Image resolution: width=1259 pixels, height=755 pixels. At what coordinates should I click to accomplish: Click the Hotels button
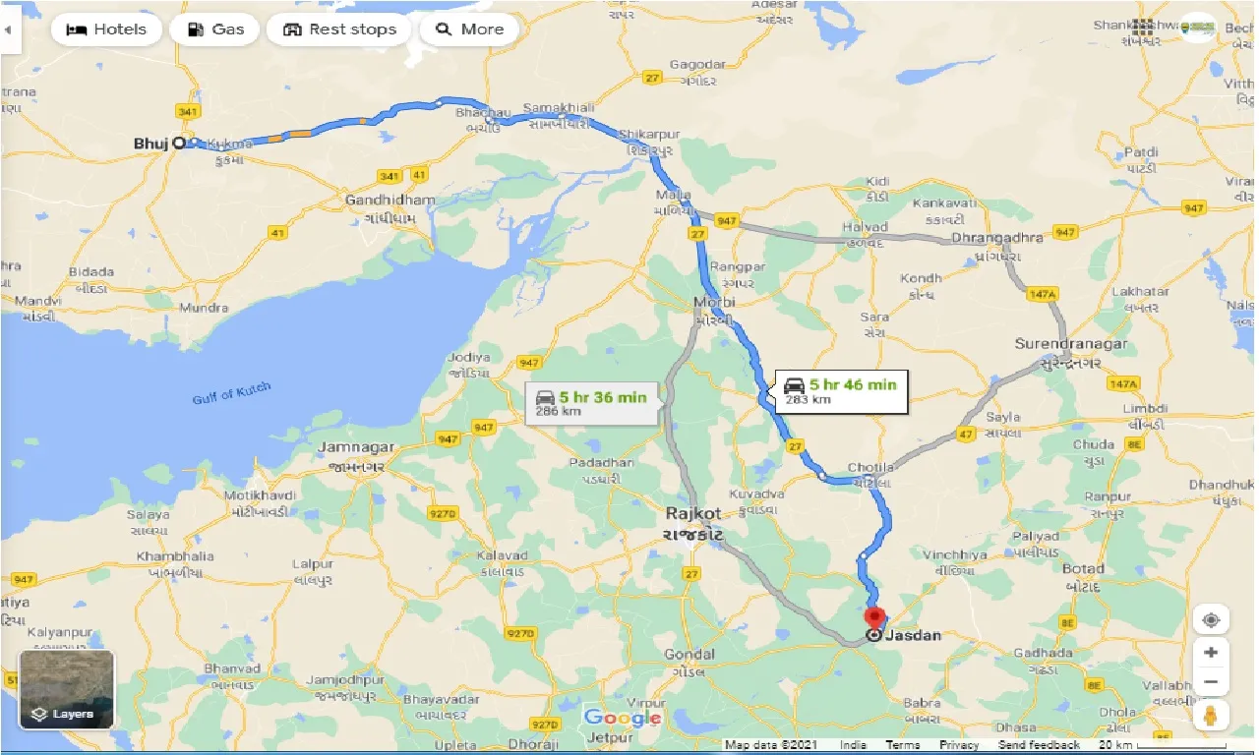click(105, 29)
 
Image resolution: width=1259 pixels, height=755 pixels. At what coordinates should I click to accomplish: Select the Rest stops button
click(339, 29)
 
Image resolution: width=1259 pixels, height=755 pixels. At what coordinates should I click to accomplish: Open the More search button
click(469, 29)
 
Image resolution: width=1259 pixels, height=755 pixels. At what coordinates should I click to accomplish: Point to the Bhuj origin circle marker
click(179, 143)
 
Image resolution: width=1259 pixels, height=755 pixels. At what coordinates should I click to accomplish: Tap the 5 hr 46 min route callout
click(842, 390)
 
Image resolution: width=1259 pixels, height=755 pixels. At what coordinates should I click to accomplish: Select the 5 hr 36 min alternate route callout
click(592, 403)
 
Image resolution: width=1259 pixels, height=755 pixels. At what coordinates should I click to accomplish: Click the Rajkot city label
click(692, 513)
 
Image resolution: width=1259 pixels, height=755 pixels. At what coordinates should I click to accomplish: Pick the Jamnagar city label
click(356, 447)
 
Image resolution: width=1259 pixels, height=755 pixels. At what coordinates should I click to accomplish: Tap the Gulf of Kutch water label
click(231, 393)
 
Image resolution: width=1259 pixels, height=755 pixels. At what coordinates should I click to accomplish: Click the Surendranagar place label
click(1072, 344)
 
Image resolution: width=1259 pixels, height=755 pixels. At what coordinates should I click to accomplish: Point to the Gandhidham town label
click(390, 201)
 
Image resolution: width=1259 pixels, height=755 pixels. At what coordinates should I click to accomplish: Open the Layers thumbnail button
click(67, 690)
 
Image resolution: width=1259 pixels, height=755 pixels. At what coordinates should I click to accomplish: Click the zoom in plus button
click(1211, 653)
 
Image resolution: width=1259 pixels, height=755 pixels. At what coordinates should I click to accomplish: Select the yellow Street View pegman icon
click(1211, 715)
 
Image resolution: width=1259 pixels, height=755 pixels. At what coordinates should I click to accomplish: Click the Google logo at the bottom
click(623, 718)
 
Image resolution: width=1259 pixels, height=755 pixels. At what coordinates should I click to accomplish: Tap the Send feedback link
click(1039, 745)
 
